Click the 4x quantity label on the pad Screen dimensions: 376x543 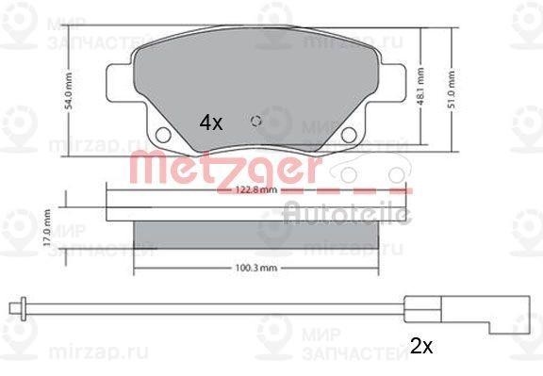[209, 122]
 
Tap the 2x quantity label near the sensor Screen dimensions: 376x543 [420, 346]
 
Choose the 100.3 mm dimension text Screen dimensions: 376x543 [254, 269]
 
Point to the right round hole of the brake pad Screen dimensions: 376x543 [349, 135]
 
